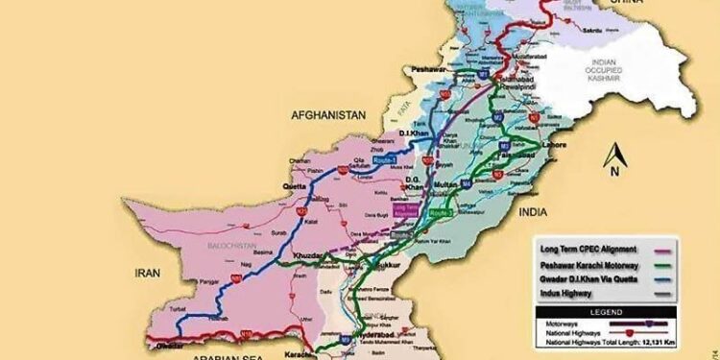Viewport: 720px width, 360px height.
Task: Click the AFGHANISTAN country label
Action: point(329,114)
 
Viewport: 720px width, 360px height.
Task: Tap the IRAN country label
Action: point(144,271)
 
